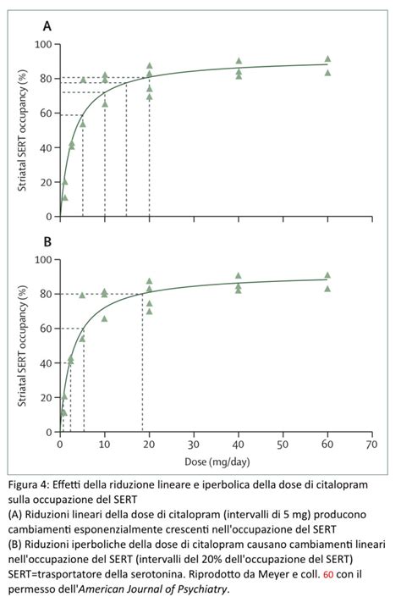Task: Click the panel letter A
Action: point(47,26)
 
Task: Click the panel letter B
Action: point(47,241)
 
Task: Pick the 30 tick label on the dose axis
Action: point(194,444)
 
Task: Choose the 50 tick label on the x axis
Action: point(283,444)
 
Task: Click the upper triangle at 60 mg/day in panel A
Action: point(327,59)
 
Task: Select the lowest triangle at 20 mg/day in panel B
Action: point(150,312)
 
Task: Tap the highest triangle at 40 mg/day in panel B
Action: point(239,276)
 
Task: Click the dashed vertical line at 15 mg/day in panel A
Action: point(127,150)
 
